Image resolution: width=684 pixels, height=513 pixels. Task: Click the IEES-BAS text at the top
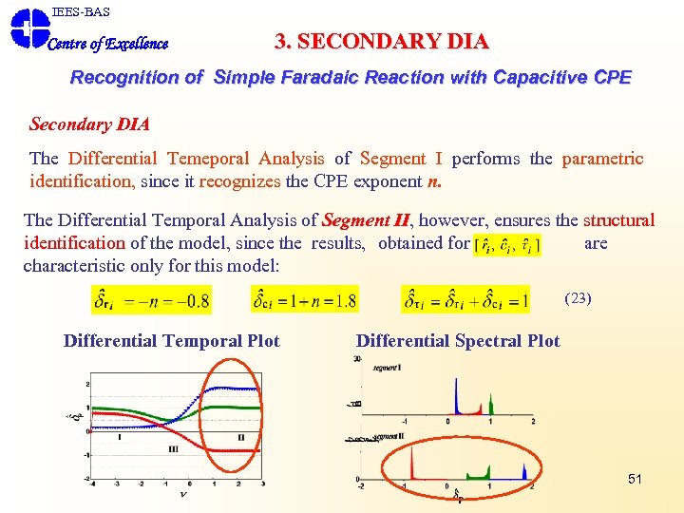(x=81, y=11)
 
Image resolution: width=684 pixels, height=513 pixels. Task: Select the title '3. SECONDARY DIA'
(x=381, y=42)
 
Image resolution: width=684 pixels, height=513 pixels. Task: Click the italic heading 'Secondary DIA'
(x=89, y=124)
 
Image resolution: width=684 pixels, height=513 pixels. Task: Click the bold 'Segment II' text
(x=367, y=220)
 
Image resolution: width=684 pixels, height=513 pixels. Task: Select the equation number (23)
(x=578, y=297)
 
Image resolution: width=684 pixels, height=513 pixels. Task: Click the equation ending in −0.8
(x=152, y=300)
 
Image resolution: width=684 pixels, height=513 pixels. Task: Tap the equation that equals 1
(x=465, y=300)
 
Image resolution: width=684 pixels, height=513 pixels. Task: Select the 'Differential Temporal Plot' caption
(x=172, y=341)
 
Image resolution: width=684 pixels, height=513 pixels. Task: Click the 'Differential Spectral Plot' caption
(x=458, y=341)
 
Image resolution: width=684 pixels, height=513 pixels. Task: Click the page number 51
(x=635, y=479)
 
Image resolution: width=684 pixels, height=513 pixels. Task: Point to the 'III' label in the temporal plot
(x=174, y=448)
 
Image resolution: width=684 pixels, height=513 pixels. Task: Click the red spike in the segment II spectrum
(x=412, y=465)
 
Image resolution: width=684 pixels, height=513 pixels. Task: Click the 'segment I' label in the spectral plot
(x=386, y=367)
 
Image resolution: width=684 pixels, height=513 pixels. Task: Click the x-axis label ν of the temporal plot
(x=182, y=493)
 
